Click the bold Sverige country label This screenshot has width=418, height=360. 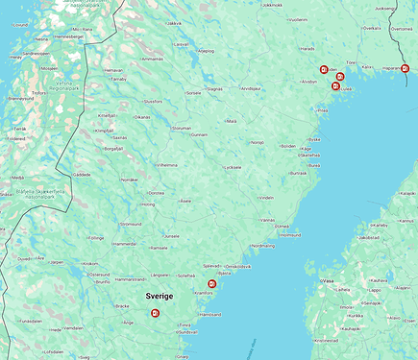(x=160, y=297)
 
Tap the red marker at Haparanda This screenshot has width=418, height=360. (x=405, y=68)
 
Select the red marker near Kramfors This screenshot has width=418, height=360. (x=211, y=283)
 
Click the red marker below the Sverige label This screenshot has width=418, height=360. (x=156, y=313)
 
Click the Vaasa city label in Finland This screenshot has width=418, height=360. (x=329, y=280)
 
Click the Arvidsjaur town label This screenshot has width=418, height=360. (x=251, y=88)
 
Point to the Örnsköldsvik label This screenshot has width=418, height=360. (x=238, y=266)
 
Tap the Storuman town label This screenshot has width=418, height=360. (x=181, y=127)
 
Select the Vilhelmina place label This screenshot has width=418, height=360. (x=167, y=164)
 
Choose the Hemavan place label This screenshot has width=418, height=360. (x=112, y=70)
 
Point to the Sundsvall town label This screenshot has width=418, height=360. (x=186, y=332)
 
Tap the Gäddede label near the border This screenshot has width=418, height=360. (x=82, y=174)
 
